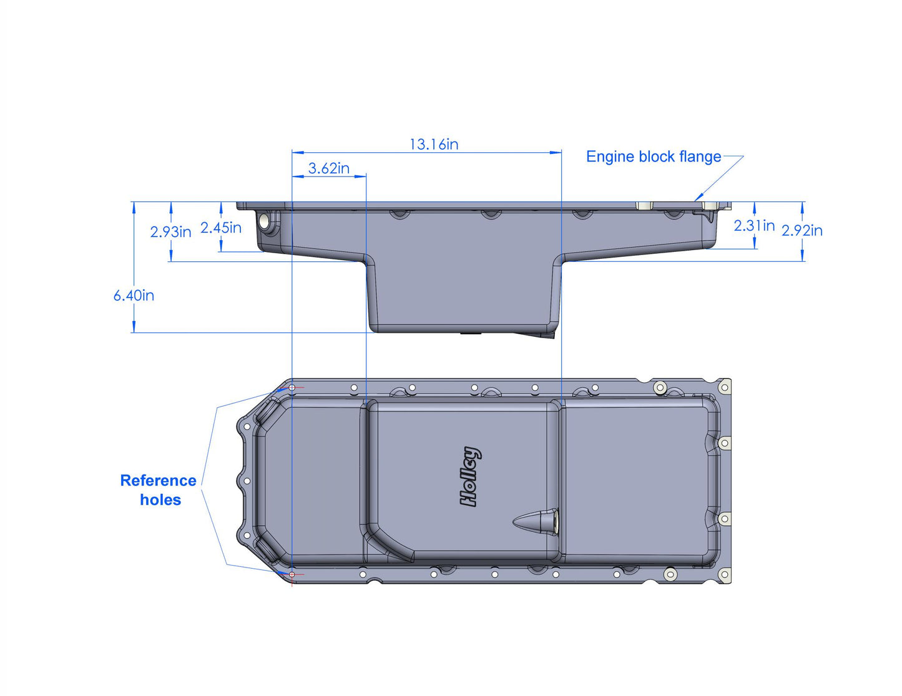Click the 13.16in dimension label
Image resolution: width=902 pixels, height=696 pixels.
434,145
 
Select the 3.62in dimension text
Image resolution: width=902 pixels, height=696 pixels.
328,168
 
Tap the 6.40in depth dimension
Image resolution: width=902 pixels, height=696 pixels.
134,296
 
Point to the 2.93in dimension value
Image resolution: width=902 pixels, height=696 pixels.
170,232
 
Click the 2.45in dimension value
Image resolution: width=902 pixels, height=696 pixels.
220,228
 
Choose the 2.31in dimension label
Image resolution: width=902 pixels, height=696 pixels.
753,226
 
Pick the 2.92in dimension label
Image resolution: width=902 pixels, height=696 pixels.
802,231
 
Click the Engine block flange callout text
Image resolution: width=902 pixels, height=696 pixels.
653,157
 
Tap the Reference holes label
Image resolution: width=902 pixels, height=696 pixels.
159,490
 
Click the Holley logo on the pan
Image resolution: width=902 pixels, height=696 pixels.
470,476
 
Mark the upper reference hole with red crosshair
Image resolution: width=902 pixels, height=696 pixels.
292,387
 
